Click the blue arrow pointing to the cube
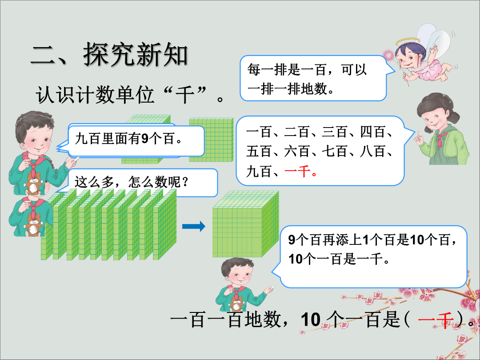193,226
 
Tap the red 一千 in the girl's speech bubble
297,171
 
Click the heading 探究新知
135,55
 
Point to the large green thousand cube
245,224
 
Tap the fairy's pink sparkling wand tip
389,56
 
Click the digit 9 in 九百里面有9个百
145,138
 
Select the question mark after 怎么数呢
184,182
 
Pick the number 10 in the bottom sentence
311,320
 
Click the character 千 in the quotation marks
184,95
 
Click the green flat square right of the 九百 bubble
211,140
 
